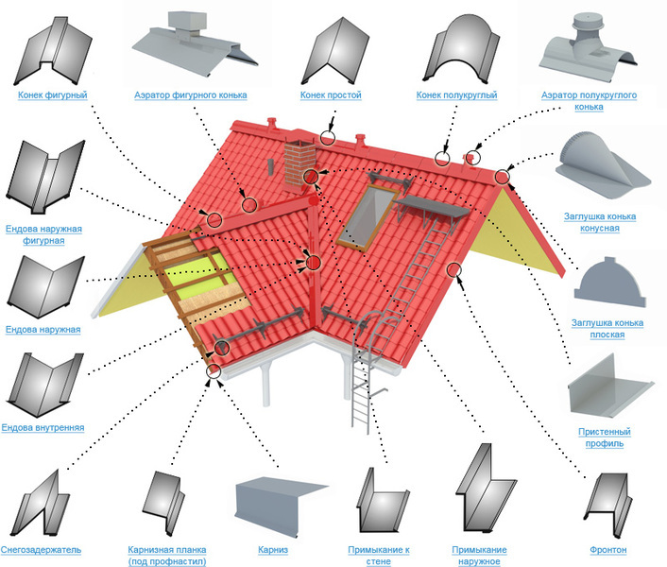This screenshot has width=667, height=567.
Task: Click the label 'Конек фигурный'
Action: [53, 95]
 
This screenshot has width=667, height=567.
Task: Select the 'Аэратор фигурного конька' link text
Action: [192, 95]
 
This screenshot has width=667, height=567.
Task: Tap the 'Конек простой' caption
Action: [331, 95]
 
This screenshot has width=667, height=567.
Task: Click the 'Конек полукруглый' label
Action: [456, 95]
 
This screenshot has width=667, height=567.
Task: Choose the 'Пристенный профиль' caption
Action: [605, 438]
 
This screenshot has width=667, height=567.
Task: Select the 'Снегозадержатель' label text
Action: [41, 549]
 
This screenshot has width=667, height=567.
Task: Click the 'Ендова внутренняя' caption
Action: [43, 427]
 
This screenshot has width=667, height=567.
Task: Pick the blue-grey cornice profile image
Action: [277, 507]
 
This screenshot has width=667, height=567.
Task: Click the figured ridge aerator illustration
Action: [191, 43]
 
